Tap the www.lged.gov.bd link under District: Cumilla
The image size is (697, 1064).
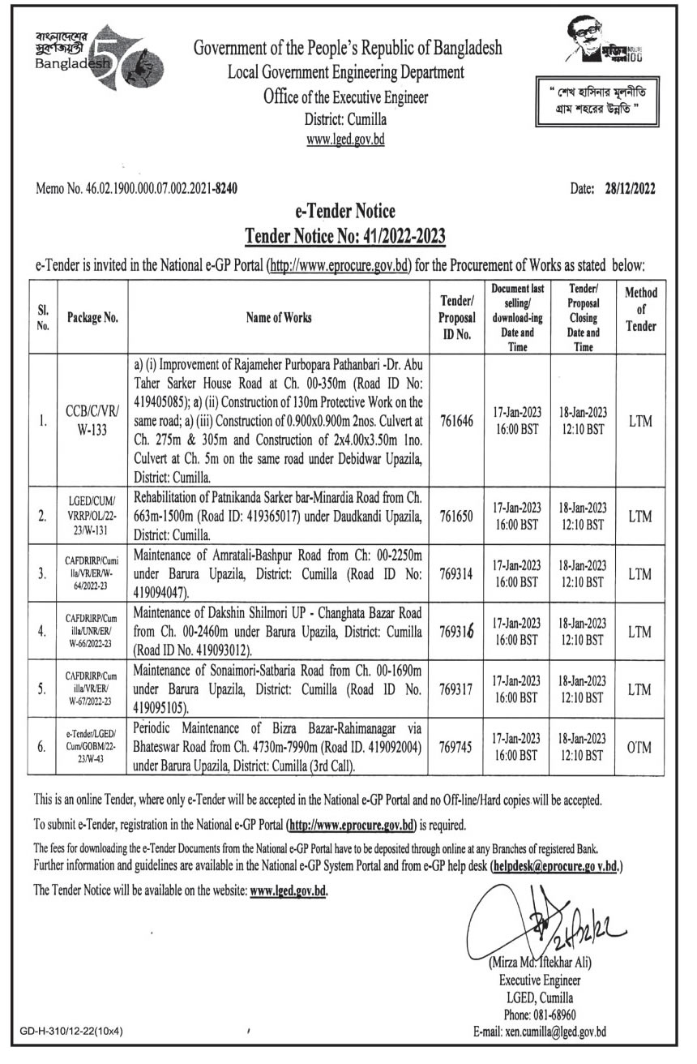tap(345, 139)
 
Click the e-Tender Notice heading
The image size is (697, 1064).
tap(345, 212)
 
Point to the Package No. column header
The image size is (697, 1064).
tap(93, 318)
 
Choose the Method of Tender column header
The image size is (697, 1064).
tap(641, 310)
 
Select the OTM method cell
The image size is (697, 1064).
tap(640, 747)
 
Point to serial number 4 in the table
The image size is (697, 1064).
tap(43, 629)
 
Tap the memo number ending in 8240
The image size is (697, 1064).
tap(138, 190)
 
